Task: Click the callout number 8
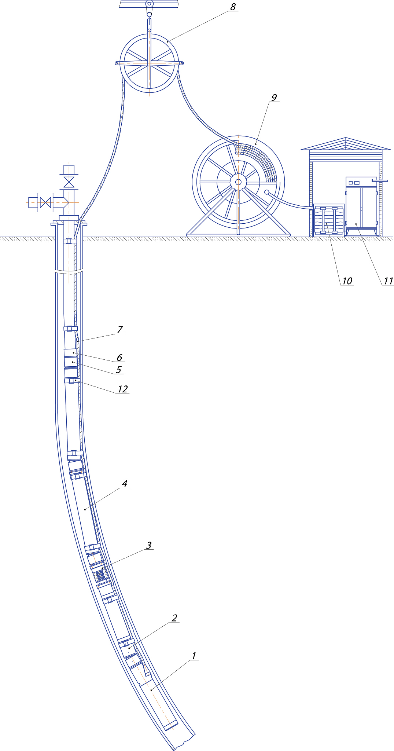point(233,7)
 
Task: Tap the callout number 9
point(274,98)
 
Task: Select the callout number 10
point(347,281)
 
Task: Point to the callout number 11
point(388,281)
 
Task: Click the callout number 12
point(123,389)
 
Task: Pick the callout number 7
point(120,330)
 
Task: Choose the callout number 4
point(125,484)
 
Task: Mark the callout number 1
point(194,656)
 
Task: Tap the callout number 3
point(149,545)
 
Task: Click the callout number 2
point(174,618)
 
